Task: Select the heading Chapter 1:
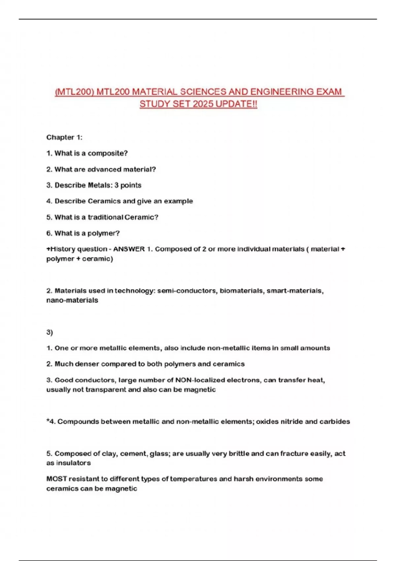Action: tap(64, 137)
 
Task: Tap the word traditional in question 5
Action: tap(105, 217)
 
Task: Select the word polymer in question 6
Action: tap(103, 233)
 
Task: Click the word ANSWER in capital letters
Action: tap(129, 249)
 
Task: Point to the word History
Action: tap(62, 249)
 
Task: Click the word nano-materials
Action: tap(72, 300)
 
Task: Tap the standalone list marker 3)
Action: tap(49, 332)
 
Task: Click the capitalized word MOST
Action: tap(56, 479)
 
